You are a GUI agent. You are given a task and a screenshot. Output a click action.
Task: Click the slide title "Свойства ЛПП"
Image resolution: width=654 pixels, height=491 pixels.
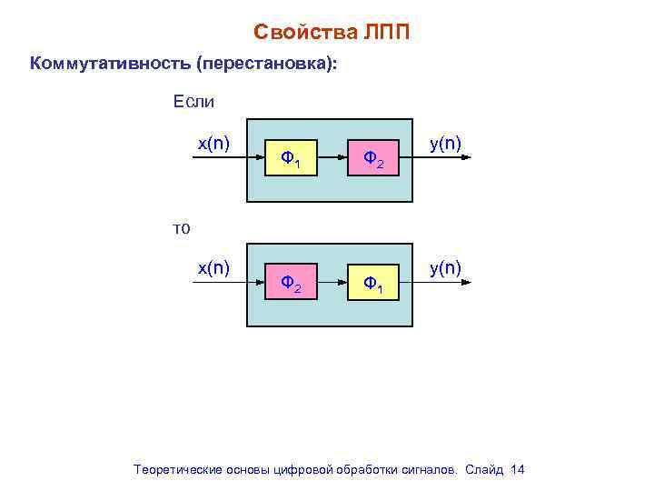pyautogui.click(x=332, y=33)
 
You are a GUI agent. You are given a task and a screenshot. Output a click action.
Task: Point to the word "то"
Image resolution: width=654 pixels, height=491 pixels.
pyautogui.click(x=182, y=228)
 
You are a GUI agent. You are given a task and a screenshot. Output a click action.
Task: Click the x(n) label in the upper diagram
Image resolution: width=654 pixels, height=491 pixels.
pyautogui.click(x=214, y=143)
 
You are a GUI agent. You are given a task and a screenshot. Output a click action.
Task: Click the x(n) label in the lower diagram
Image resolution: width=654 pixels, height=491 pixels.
pyautogui.click(x=214, y=267)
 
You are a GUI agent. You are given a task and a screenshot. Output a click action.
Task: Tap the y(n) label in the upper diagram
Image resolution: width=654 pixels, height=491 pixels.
pyautogui.click(x=445, y=143)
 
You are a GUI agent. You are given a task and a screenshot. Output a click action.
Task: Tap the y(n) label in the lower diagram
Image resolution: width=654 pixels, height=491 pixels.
pyautogui.click(x=445, y=267)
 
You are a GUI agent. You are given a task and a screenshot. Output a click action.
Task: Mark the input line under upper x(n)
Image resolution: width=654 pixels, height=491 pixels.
pyautogui.click(x=218, y=158)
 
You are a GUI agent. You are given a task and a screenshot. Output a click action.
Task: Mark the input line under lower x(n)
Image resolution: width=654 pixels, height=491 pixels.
pyautogui.click(x=218, y=283)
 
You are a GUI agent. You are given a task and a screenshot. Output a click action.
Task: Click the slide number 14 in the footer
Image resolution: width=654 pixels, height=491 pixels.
pyautogui.click(x=518, y=469)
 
